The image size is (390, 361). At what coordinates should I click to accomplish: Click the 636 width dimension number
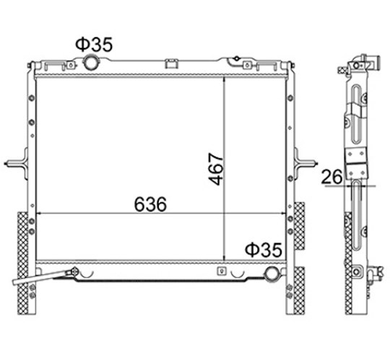(150, 204)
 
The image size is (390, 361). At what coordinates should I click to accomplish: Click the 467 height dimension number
(216, 169)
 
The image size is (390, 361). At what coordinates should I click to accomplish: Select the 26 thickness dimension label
(331, 177)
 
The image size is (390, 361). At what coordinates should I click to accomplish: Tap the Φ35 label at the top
(95, 45)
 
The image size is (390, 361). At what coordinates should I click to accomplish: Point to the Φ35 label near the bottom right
(264, 250)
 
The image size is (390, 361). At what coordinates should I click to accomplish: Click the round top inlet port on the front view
(90, 63)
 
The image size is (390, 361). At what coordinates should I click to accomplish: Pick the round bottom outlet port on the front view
(272, 273)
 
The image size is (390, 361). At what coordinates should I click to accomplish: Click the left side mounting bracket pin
(16, 164)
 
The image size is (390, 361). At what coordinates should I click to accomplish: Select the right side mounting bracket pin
(305, 164)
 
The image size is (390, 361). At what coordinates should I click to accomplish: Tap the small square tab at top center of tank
(172, 64)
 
